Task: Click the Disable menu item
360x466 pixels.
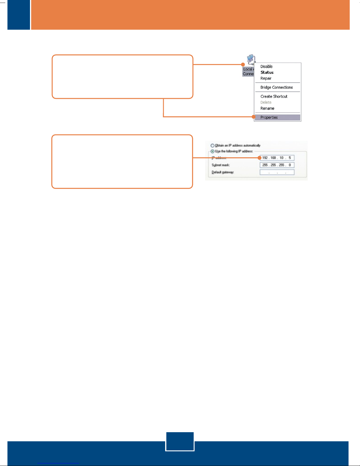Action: point(266,66)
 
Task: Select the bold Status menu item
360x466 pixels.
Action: point(267,72)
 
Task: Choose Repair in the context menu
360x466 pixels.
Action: point(266,78)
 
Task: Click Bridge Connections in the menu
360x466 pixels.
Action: point(277,87)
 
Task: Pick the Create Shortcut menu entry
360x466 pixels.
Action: point(274,96)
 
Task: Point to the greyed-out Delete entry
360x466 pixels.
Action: point(266,102)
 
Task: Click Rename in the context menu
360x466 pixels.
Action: point(267,108)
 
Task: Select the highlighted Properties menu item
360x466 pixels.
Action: point(269,117)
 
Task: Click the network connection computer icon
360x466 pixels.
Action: point(251,60)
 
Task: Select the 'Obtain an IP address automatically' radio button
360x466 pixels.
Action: point(212,146)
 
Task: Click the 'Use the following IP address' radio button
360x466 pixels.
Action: point(212,151)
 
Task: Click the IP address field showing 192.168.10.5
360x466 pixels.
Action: point(277,158)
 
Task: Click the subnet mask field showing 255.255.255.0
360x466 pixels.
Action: point(277,165)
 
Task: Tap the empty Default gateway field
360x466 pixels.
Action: point(277,172)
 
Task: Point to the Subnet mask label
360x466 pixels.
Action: point(221,165)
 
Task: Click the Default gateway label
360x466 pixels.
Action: point(223,172)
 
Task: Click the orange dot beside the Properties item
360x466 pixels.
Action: point(254,117)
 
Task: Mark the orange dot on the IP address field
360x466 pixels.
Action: point(259,158)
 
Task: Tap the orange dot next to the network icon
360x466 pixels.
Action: point(243,64)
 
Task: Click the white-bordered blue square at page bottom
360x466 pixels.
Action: point(180,441)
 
